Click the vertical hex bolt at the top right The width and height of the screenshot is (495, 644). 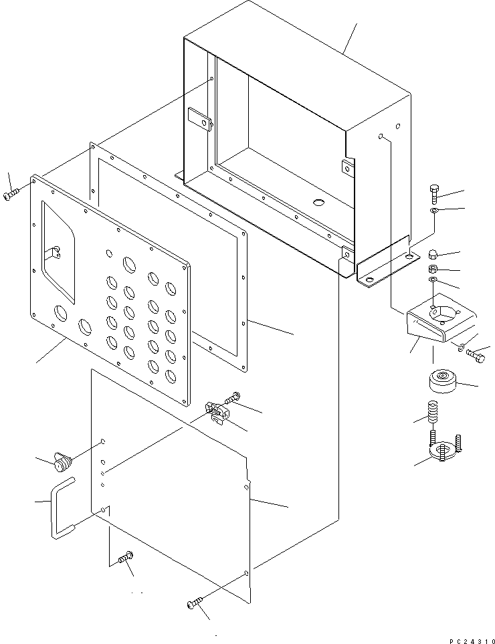tap(433, 194)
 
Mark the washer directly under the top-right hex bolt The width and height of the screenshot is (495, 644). tap(434, 212)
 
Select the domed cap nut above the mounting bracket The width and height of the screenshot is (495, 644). tap(433, 255)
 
